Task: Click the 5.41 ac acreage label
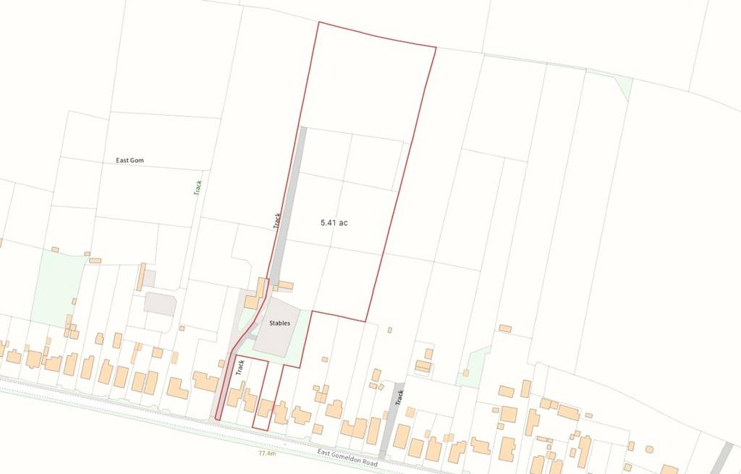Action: pyautogui.click(x=334, y=223)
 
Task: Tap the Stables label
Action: pyautogui.click(x=279, y=323)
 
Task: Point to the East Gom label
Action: pyautogui.click(x=130, y=161)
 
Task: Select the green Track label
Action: pyautogui.click(x=198, y=187)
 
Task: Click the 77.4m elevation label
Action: pyautogui.click(x=267, y=454)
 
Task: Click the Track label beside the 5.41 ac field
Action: pyautogui.click(x=276, y=220)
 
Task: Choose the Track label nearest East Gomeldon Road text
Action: pyautogui.click(x=399, y=397)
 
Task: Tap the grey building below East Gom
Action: pyautogui.click(x=159, y=303)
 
